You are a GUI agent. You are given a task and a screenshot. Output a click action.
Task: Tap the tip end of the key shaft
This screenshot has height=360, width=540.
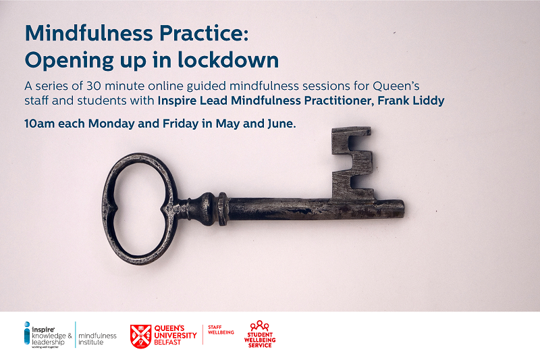coord(398,205)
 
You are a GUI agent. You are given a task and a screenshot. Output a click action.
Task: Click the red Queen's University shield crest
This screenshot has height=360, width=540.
coord(140,335)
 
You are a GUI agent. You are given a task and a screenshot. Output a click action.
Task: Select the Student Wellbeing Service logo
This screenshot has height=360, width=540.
coord(259,334)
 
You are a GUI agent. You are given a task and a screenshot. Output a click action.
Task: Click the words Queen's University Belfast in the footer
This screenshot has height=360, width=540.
coord(175,335)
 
